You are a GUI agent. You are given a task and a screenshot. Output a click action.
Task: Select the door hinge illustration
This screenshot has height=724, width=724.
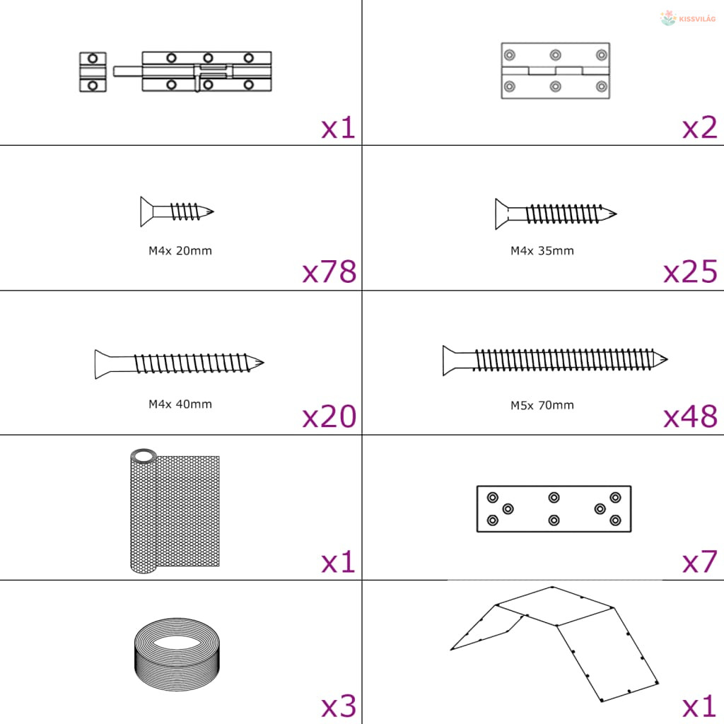556,71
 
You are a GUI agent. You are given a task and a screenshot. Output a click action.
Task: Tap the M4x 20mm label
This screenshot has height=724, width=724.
180,251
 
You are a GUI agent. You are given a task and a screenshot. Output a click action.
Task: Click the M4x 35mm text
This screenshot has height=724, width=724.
542,251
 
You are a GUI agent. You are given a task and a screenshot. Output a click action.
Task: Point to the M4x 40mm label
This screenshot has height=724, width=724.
180,404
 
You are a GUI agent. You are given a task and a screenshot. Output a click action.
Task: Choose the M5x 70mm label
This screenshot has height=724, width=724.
542,405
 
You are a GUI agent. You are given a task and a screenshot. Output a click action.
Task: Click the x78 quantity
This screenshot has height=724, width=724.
329,271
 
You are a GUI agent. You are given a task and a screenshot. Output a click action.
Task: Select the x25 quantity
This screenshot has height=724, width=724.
690,271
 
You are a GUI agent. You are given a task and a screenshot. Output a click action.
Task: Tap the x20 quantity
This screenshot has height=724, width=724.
329,416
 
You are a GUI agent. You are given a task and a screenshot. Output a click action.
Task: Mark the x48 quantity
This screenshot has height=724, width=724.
690,416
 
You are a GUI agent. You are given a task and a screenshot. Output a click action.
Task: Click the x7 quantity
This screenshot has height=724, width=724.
699,561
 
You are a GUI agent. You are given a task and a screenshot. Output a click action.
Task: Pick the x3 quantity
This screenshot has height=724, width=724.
339,706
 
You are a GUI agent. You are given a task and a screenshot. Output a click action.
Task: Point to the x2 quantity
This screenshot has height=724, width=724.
699,127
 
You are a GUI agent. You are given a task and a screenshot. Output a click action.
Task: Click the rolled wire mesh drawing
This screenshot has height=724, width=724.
175,510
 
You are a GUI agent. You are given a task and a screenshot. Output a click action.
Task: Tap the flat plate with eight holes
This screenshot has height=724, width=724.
554,509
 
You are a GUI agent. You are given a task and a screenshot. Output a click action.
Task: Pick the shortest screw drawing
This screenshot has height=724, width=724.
177,211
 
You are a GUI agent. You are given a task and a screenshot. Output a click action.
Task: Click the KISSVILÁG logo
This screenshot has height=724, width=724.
687,18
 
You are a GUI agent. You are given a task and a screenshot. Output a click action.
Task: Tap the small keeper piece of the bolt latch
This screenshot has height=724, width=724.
93,71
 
